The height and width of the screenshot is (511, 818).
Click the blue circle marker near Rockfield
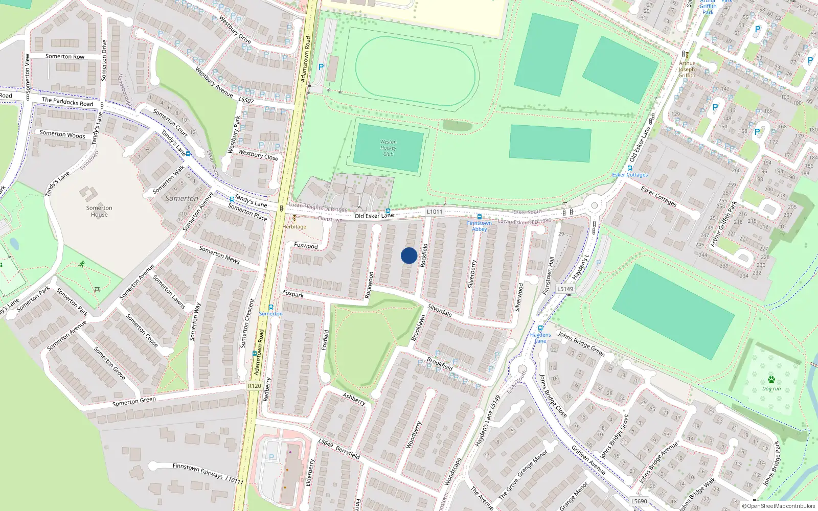409,255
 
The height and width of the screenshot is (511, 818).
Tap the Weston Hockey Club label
388,148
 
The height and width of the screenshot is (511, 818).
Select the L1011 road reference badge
435,212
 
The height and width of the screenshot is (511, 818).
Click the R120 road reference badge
254,386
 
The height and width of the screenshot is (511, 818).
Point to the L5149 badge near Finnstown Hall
565,289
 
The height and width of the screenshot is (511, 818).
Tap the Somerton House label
99,211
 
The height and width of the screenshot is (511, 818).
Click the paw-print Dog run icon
771,380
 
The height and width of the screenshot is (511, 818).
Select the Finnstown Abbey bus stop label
479,226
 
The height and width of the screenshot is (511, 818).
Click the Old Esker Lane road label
374,216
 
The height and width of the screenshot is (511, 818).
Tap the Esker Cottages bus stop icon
629,168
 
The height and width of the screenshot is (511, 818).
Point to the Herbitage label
294,227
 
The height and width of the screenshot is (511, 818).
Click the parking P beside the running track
321,67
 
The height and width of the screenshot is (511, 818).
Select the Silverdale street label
440,311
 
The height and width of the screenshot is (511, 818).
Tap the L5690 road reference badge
639,501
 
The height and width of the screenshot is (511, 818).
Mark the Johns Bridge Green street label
581,343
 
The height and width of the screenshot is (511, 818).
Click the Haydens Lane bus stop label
540,338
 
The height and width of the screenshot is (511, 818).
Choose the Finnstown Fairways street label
197,470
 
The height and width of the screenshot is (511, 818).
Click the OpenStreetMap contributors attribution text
778,506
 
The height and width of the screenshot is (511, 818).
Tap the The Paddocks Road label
67,102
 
